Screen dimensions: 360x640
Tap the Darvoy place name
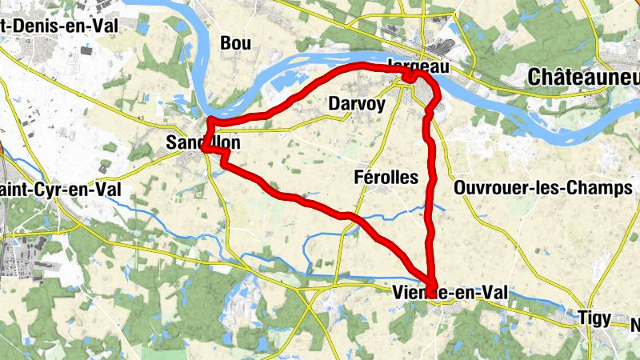[x=357, y=104]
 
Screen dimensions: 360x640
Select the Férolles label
[x=386, y=177]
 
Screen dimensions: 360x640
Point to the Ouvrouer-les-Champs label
[x=542, y=188]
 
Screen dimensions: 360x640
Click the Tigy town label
[x=594, y=318]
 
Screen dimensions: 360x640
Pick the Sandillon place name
[x=202, y=142]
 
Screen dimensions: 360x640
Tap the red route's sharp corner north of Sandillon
[x=210, y=122]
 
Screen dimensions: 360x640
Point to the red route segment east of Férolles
[x=434, y=184]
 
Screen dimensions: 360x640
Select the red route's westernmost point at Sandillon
[x=205, y=148]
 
